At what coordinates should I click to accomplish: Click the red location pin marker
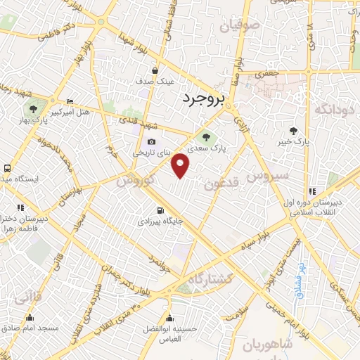[x=181, y=164]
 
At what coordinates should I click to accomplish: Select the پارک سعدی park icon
[x=206, y=137]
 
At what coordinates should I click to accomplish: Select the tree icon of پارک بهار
[x=32, y=108]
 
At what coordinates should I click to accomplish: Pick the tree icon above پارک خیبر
[x=293, y=131]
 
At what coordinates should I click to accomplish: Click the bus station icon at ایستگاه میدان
[x=6, y=169]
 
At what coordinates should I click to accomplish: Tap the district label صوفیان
[x=239, y=26]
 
